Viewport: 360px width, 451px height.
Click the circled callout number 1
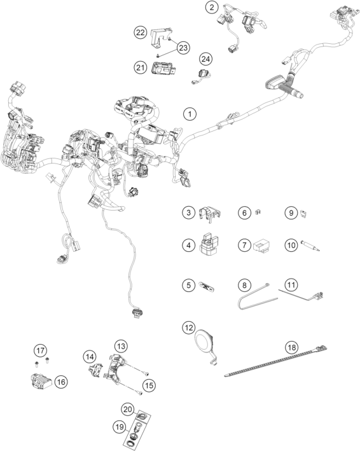pos(190,114)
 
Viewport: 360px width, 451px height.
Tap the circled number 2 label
pos(212,8)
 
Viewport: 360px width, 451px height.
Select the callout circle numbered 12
pos(189,328)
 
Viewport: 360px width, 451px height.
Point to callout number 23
pos(183,48)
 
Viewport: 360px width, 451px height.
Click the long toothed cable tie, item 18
pos(276,361)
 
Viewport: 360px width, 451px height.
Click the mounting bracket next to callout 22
pos(160,37)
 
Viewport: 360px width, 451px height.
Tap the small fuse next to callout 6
pos(258,212)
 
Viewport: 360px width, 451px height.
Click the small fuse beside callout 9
pos(303,214)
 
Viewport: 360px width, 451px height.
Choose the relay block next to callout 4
pos(209,244)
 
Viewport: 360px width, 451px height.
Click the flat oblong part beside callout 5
pos(207,286)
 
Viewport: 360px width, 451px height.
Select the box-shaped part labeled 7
pos(261,246)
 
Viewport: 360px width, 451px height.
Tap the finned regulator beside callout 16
pos(41,382)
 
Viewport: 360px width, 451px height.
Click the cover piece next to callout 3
pos(210,214)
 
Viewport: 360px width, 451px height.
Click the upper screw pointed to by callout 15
pos(146,373)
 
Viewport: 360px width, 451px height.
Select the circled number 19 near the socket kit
pos(120,427)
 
